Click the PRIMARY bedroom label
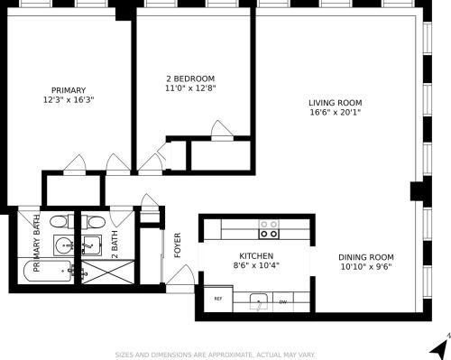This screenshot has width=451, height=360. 69,89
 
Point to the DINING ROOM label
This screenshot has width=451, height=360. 367,257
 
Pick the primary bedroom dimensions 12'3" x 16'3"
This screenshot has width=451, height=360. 69,100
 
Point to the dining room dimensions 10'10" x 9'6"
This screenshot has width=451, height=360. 367,268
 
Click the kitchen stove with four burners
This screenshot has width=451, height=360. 268,228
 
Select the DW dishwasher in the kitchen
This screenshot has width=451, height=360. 282,301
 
